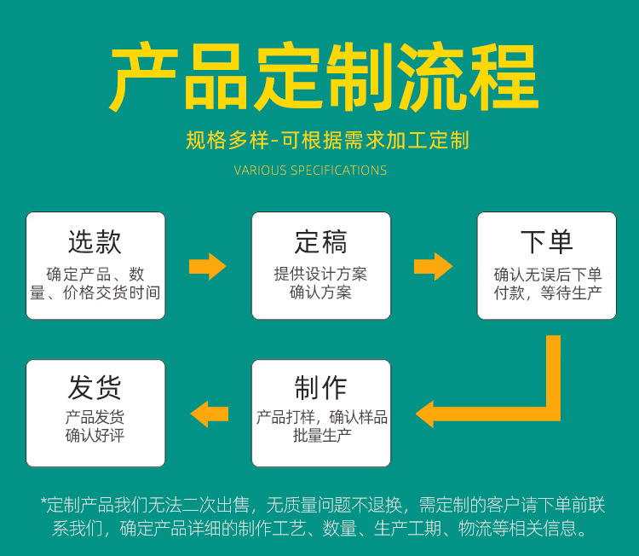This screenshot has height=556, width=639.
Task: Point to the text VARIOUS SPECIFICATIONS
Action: tap(311, 171)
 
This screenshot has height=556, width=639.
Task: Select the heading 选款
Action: tap(95, 241)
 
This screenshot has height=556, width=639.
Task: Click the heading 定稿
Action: tap(320, 241)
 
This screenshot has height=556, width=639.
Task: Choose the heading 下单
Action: tap(546, 241)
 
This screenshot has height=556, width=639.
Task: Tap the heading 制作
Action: tap(320, 388)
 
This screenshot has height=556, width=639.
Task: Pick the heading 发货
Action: tap(95, 388)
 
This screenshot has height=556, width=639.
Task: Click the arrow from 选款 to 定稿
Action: tap(207, 266)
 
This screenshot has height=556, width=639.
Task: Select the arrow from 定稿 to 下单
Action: tap(433, 266)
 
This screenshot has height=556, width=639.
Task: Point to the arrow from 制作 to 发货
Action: tap(209, 414)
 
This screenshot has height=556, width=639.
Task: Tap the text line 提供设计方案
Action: tap(320, 275)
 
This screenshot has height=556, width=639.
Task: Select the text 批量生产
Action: tap(321, 436)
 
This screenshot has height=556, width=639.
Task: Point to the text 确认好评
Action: tap(95, 436)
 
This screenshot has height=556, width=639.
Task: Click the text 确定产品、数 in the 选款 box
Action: tap(95, 275)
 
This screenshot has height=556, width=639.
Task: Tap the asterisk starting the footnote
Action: tap(43, 503)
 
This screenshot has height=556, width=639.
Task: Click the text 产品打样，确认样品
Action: tap(322, 417)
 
